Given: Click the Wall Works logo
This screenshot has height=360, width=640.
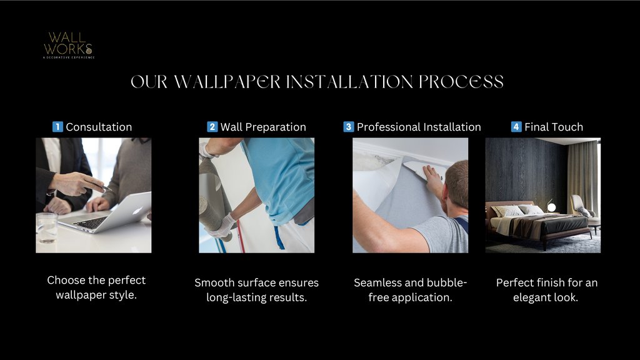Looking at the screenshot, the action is (x=69, y=45).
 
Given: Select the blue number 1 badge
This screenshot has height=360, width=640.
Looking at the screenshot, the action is (x=57, y=127).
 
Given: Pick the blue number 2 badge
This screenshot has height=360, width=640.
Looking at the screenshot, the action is (x=212, y=127).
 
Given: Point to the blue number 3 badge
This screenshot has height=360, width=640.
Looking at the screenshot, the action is (x=348, y=127).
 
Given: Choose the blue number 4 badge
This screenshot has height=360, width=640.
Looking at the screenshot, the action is (x=516, y=127).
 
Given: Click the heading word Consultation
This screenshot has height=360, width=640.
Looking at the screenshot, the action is (x=99, y=127).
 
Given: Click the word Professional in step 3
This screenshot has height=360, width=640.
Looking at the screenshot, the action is (x=388, y=127).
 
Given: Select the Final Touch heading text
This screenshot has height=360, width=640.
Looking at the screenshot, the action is (x=554, y=127).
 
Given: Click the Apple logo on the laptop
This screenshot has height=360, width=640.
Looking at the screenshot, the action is (x=136, y=210).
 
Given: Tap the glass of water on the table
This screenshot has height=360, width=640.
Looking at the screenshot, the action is (x=46, y=227).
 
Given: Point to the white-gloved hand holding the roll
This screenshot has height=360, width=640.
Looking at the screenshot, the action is (x=221, y=227).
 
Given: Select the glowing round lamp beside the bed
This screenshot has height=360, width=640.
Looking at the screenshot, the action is (x=551, y=207).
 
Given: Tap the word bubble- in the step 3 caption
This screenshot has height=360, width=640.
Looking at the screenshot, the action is (x=447, y=282).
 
